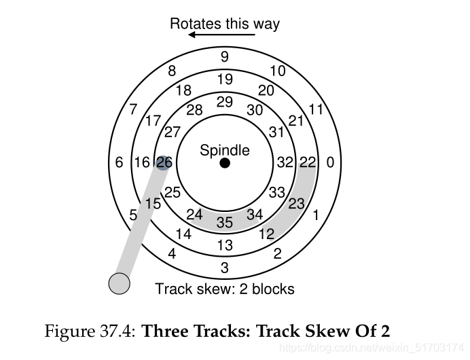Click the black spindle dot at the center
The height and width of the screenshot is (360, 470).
(225, 164)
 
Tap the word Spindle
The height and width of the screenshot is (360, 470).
(225, 150)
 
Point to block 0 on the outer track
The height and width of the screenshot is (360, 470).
(330, 163)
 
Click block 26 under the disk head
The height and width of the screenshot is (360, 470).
(164, 163)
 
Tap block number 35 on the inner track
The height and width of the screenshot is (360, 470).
(225, 222)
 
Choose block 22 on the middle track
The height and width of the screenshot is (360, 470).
(308, 163)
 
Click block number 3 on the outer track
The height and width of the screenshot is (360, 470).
(225, 268)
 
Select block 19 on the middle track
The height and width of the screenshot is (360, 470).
(225, 79)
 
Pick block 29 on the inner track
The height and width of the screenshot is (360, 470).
(225, 102)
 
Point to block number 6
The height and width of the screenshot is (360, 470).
(120, 163)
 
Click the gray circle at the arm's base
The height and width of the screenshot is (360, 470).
(120, 283)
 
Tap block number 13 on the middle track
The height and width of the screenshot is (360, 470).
(225, 245)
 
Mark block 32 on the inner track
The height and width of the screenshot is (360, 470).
(285, 163)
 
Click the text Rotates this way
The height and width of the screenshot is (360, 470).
(225, 24)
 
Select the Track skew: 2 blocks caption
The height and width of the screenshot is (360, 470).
(225, 289)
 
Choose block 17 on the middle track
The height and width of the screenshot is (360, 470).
(153, 122)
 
